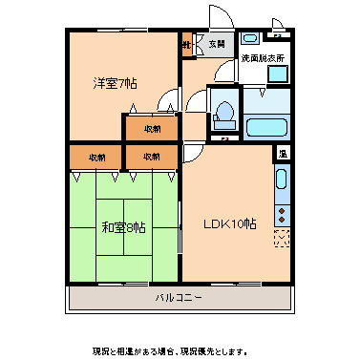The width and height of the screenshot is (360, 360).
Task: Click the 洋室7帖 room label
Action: click(x=115, y=84)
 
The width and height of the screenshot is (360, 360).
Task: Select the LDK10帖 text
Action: click(x=229, y=224)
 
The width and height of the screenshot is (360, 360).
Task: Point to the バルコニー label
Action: click(x=180, y=299)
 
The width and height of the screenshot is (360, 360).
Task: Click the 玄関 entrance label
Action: click(x=216, y=44)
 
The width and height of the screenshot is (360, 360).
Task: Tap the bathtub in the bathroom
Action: click(x=269, y=128)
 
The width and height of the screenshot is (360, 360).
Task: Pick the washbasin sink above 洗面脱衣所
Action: click(x=251, y=39)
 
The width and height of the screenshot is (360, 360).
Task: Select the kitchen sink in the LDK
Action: click(x=283, y=179)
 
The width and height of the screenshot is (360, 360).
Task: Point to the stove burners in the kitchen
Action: click(x=283, y=211)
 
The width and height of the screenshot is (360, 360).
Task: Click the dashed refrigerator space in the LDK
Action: click(x=282, y=238)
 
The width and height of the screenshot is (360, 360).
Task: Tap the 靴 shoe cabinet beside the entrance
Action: click(x=188, y=44)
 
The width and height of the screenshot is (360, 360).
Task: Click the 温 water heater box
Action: click(x=283, y=153)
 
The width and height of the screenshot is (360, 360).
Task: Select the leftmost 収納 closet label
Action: click(x=96, y=156)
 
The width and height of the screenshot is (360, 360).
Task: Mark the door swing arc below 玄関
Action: click(x=225, y=71)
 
